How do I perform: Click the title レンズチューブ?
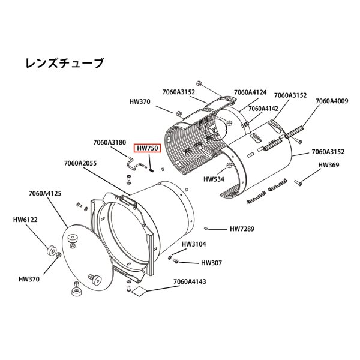coord(64,62)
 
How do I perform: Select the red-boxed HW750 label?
coord(148,148)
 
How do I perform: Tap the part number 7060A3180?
coord(109,142)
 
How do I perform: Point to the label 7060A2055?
coord(80,163)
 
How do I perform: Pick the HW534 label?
coord(214,179)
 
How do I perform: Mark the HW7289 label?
coord(243,229)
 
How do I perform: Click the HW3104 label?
coord(194,245)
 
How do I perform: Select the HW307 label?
coord(211,262)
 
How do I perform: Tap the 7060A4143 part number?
coord(190,281)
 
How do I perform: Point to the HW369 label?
coord(328,164)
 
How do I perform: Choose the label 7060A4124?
coord(250,92)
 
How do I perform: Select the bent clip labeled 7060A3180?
coord(135,162)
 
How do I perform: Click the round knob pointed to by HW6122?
coord(50,249)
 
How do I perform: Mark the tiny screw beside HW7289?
coord(206,228)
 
